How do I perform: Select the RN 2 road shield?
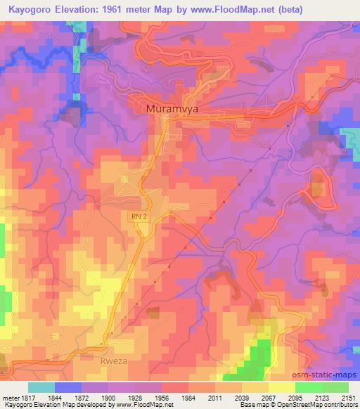139,219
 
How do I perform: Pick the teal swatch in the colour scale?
41,387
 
